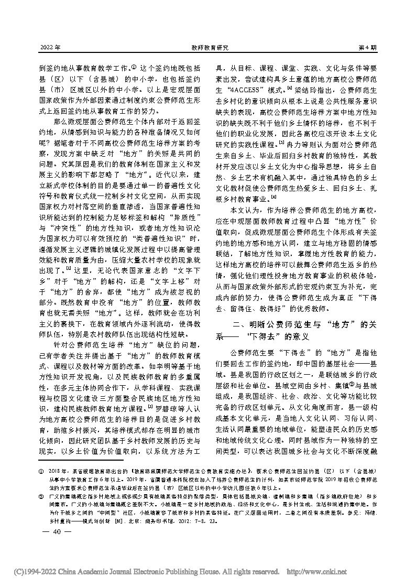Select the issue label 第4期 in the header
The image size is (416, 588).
click(367, 48)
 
